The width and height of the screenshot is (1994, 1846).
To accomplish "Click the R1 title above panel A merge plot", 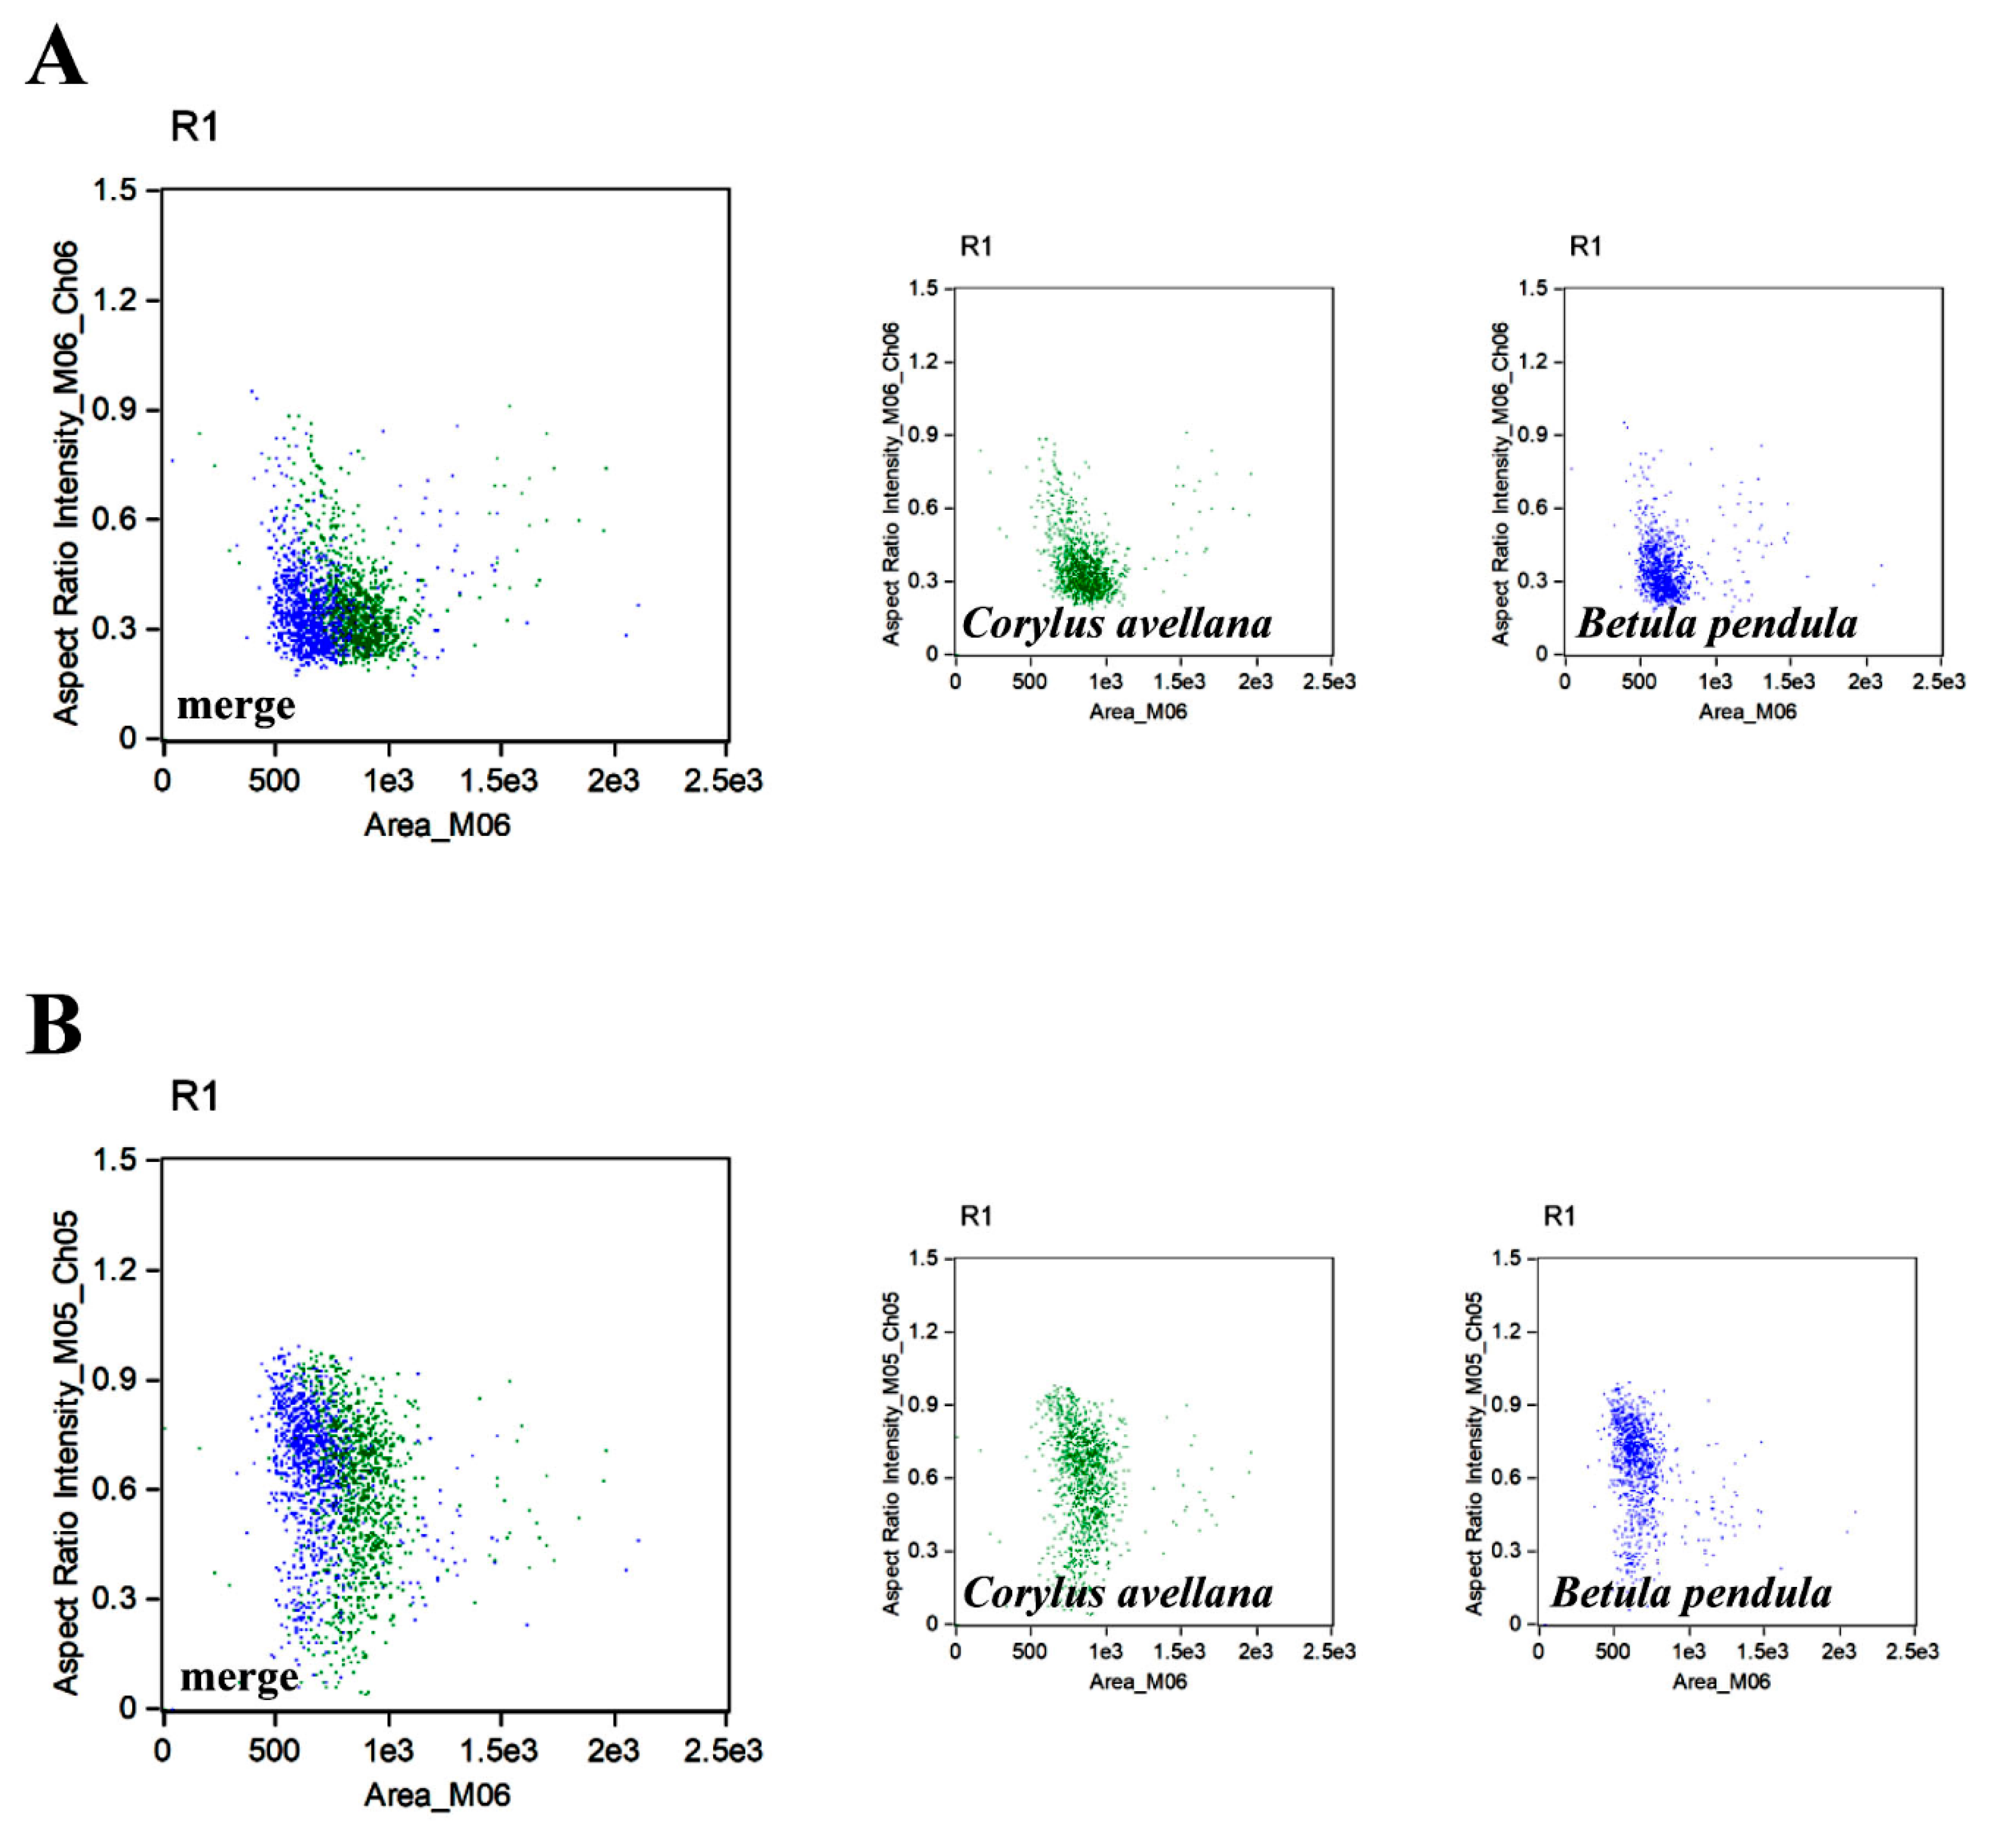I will [194, 127].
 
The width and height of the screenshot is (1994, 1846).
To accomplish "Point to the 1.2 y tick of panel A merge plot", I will [115, 300].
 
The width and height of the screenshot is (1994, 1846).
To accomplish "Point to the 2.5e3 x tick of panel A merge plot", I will [722, 780].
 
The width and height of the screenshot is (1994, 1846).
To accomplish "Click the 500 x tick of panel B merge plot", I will [274, 1750].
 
